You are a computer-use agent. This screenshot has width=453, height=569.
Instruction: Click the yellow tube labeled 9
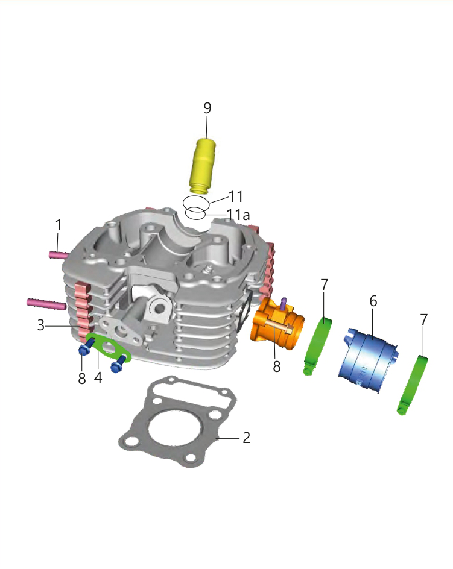[x=203, y=166]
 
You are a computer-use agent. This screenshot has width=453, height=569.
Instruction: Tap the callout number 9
[x=207, y=108]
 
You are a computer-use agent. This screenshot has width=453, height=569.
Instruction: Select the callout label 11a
[x=238, y=215]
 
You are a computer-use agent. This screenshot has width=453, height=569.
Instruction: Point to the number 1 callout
[x=58, y=225]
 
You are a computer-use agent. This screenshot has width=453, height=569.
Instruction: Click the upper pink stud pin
[x=59, y=255]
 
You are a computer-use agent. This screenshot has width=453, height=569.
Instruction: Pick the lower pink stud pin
[x=46, y=304]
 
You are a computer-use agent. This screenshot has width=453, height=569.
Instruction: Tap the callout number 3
[x=41, y=325]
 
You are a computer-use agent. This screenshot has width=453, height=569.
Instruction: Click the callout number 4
[x=98, y=377]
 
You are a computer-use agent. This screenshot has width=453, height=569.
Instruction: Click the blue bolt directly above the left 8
[x=85, y=347]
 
